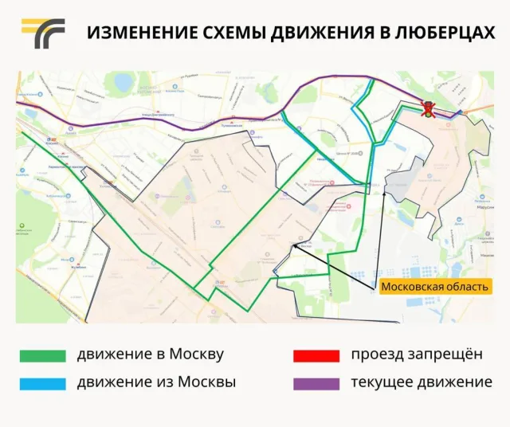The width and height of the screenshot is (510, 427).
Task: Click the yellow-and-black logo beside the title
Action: tap(43, 33)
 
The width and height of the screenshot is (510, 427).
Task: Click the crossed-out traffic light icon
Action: tap(429, 112)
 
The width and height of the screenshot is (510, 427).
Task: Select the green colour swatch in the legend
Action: tap(43, 355)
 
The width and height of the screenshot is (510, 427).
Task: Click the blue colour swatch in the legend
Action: tap(43, 383)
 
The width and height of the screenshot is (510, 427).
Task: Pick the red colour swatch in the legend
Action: tap(317, 355)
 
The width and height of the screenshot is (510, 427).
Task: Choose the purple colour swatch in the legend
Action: tap(317, 383)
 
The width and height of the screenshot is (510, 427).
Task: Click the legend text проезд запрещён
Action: tap(417, 355)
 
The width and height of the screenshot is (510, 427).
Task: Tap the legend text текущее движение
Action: tap(421, 382)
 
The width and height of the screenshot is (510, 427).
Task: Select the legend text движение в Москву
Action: tap(150, 355)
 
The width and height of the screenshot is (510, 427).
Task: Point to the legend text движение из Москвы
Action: tap(155, 382)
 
